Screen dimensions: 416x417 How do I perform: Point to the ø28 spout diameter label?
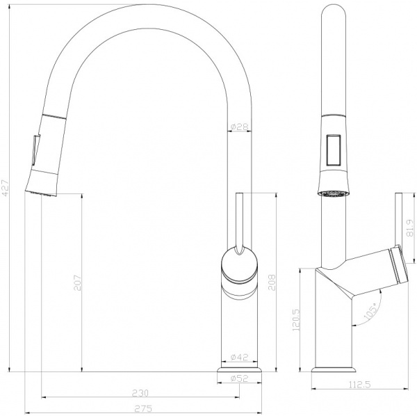(x=239, y=127)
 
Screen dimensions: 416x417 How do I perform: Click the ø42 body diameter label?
(x=239, y=358)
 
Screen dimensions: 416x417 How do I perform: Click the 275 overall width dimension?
(x=142, y=409)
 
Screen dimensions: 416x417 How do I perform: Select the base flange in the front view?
(x=239, y=376)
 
